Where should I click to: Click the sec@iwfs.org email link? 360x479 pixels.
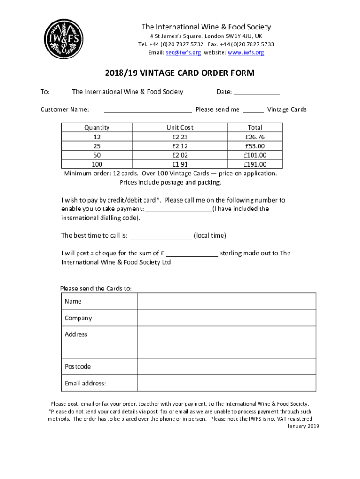(183, 53)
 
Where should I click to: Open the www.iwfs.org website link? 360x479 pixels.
(245, 53)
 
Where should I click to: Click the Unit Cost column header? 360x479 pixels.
(180, 127)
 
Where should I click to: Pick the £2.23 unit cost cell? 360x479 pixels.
(180, 137)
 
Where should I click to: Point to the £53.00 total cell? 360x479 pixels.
(255, 146)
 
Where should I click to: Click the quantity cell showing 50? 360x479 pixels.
(97, 155)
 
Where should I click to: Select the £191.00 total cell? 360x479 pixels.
(255, 164)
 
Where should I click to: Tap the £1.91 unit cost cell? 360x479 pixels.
(180, 164)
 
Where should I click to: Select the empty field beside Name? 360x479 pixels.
(227, 301)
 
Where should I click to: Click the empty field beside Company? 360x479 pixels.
(227, 318)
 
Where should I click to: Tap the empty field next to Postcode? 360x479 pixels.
(227, 366)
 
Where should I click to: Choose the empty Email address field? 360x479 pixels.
(227, 383)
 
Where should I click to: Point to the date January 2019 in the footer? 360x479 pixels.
(303, 426)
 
